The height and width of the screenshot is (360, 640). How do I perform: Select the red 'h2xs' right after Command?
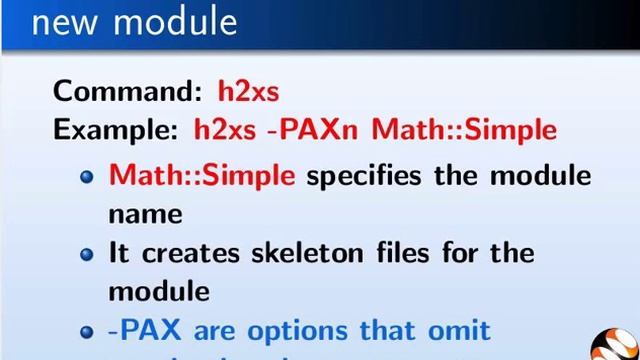point(248,91)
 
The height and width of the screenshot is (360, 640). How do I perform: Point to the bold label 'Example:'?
point(116,129)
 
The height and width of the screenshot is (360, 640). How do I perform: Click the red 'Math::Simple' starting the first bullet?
point(202,175)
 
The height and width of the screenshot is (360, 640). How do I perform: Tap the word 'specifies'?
point(365,177)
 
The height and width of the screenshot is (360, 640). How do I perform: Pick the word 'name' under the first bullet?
point(145,213)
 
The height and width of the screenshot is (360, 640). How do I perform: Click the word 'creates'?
point(194,252)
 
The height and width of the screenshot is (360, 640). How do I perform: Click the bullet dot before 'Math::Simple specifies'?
point(88,177)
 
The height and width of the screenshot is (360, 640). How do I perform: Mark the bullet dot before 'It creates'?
point(88,254)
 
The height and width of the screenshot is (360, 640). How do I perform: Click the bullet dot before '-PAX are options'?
point(88,332)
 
